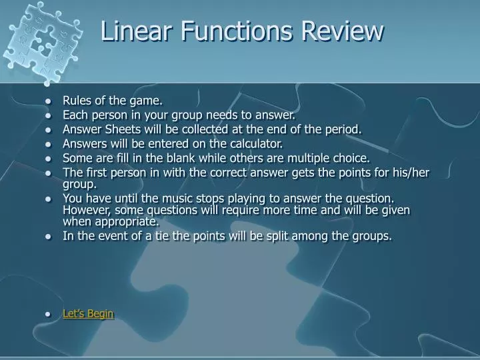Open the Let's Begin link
(88, 313)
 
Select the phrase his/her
(411, 173)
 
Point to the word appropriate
(127, 221)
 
